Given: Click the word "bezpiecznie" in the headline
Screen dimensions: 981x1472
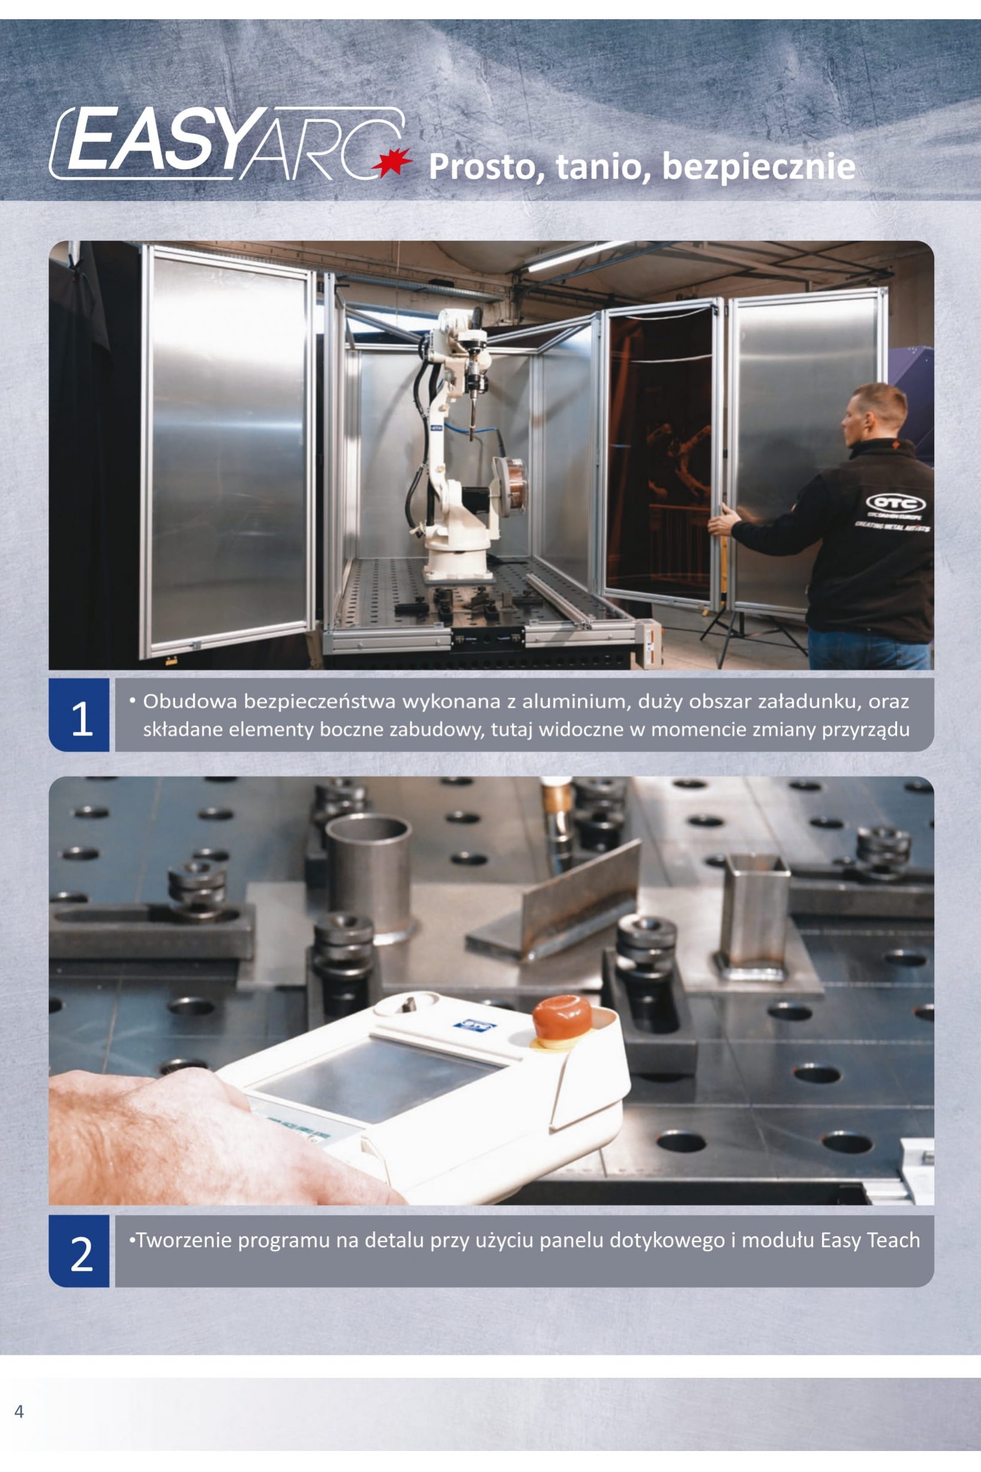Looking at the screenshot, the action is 758,166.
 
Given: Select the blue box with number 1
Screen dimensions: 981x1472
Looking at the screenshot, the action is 79,715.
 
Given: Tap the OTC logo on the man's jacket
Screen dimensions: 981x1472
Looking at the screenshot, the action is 895,502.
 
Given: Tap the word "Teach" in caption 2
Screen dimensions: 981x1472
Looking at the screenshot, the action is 894,1240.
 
